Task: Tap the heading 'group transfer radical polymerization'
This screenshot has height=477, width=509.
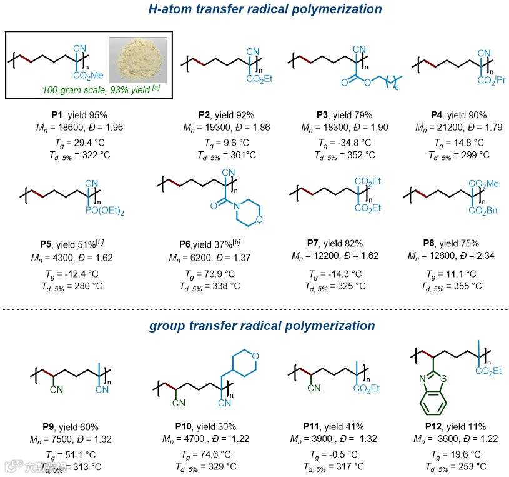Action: (262, 326)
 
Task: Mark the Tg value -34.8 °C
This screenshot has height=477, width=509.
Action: (353, 143)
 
